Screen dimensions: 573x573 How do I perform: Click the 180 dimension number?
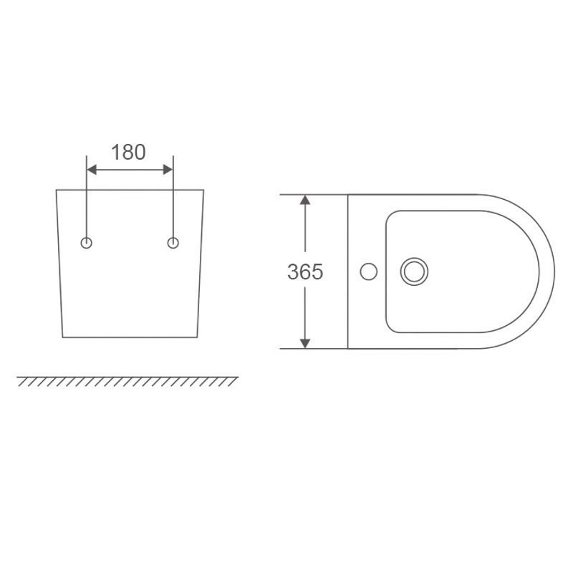(128, 152)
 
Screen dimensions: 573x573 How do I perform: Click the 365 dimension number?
(305, 271)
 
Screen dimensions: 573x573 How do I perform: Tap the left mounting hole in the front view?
(86, 243)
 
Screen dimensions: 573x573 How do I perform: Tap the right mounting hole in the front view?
(173, 243)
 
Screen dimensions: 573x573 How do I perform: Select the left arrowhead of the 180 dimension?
(92, 170)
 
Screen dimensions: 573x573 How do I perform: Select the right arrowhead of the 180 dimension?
(168, 170)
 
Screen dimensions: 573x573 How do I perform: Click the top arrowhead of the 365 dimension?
(305, 200)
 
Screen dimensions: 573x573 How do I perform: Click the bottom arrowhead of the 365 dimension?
(305, 344)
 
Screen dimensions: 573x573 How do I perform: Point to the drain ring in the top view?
(414, 259)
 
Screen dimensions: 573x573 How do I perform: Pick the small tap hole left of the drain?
(369, 271)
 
